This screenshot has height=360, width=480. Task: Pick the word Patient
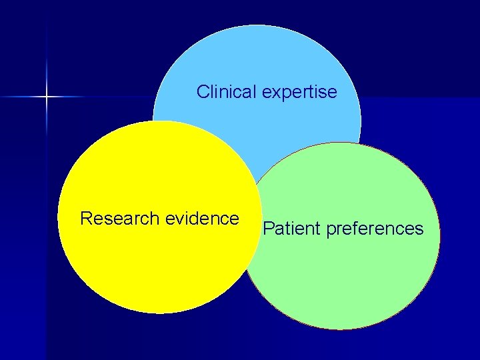coord(291,229)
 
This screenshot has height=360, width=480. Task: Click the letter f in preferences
coord(354,229)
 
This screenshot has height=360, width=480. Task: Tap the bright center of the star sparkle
coord(47,97)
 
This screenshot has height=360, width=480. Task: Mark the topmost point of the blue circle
coord(257,25)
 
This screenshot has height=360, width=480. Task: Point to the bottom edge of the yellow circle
coord(159,313)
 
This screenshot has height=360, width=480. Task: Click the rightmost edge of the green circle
coord(440,236)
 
